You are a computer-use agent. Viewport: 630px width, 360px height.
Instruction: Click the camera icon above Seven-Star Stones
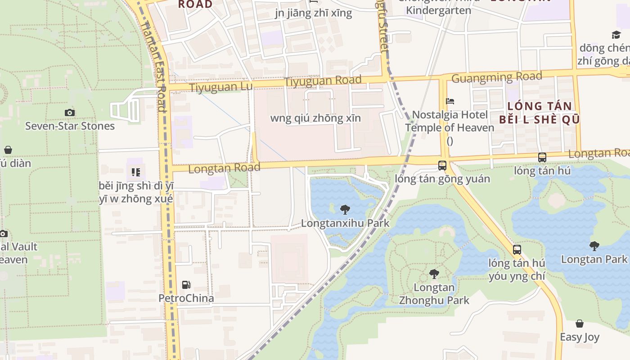[x=70, y=112]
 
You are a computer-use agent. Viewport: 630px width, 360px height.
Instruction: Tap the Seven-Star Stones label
[x=70, y=126]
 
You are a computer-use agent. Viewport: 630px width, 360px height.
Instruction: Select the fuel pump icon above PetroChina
[x=186, y=284]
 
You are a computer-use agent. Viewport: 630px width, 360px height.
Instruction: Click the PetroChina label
[x=186, y=298]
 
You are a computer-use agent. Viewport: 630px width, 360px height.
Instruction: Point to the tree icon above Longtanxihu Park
[x=345, y=209]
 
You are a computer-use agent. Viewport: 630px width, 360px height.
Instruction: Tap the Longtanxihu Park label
[x=345, y=223]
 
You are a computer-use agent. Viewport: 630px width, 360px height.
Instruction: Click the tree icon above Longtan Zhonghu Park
[x=434, y=274]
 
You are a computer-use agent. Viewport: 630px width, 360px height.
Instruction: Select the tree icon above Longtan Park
[x=594, y=246]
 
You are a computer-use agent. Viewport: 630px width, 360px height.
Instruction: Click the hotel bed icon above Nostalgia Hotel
[x=450, y=101]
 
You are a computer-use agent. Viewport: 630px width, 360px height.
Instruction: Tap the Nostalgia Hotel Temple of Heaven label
[x=450, y=121]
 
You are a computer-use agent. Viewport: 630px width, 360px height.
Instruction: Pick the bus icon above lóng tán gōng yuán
[x=442, y=165]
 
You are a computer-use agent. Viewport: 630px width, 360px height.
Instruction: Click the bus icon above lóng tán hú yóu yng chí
[x=517, y=249]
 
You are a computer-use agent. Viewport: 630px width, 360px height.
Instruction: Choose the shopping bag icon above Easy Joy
[x=580, y=324]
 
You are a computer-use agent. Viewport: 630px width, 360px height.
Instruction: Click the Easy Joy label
[x=580, y=337]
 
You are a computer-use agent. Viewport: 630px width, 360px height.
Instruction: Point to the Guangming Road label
[x=496, y=77]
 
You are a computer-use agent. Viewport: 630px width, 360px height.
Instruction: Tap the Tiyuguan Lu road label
[x=221, y=87]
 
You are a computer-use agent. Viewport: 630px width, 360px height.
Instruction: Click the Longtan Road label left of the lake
[x=224, y=168]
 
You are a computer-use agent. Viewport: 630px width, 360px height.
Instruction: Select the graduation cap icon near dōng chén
[x=616, y=35]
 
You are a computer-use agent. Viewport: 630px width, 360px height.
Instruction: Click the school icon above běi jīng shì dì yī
[x=136, y=172]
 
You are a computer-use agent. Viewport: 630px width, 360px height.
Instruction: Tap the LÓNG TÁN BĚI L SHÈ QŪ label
[x=539, y=113]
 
